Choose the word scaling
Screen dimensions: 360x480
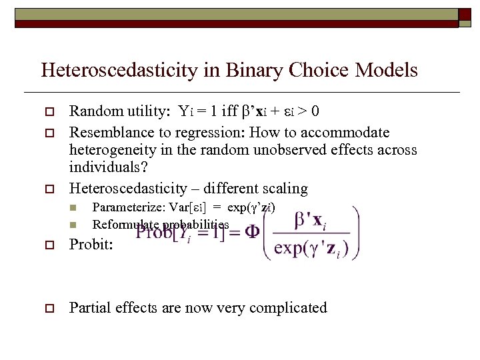pos(284,189)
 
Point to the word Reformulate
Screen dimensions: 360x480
pos(122,225)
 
